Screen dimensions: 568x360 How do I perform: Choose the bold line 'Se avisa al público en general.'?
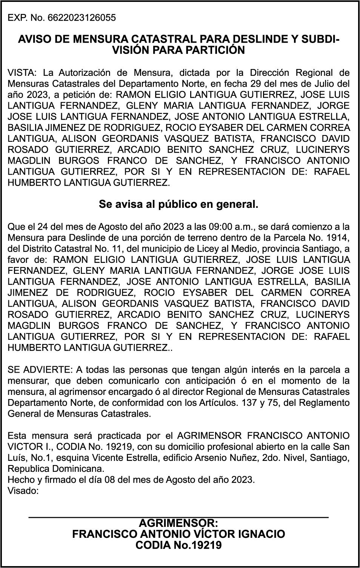pyautogui.click(x=178, y=205)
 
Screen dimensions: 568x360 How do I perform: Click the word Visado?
pyautogui.click(x=23, y=491)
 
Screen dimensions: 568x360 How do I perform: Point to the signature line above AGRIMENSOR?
pyautogui.click(x=178, y=517)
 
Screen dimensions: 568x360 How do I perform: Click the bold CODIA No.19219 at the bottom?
pyautogui.click(x=178, y=545)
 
